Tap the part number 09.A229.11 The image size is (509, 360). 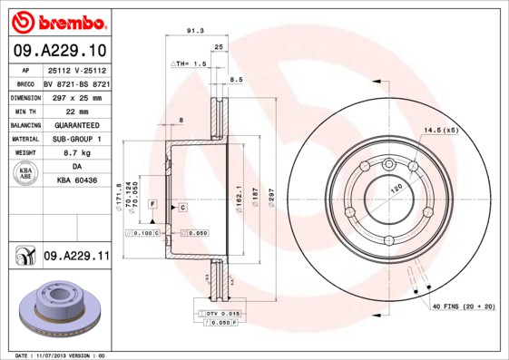pos(76,257)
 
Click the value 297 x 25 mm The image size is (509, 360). pos(76,96)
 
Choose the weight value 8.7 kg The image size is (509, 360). pos(76,153)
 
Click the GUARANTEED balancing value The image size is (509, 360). pos(76,124)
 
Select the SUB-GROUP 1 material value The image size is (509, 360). pos(76,139)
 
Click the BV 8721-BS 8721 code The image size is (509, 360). pos(76,82)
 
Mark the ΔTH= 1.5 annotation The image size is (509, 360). pos(190,64)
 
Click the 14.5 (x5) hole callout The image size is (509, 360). pos(440,131)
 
